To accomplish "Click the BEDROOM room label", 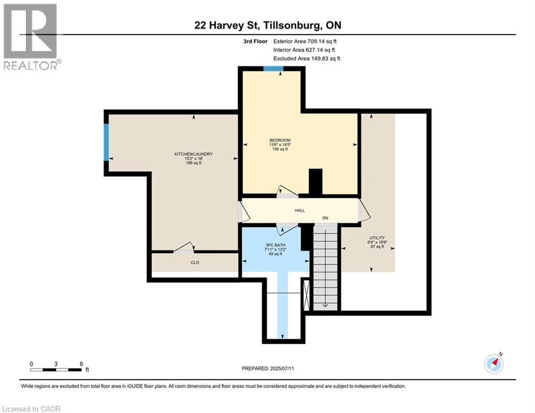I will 280,140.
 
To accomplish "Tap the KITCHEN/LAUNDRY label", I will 194,154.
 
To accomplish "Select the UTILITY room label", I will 376,238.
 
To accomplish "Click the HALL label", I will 299,210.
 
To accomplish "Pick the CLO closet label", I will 195,263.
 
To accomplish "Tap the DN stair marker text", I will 325,218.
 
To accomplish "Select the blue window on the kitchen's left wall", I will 106,142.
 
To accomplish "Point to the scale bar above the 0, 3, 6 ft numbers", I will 56,370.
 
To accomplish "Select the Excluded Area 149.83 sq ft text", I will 306,59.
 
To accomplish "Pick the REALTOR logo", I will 32,37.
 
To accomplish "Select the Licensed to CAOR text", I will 31,409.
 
